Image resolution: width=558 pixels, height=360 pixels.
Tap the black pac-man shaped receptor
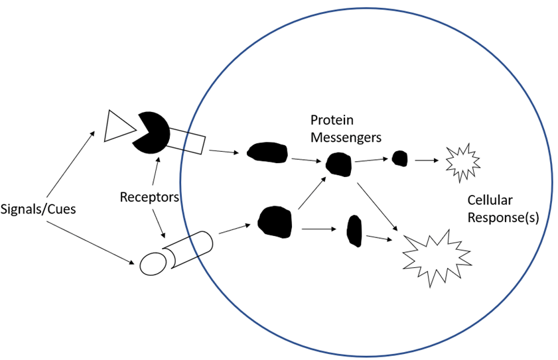[x=152, y=133]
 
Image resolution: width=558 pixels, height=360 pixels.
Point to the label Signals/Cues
[x=39, y=210]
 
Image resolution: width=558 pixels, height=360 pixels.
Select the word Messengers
[x=346, y=137]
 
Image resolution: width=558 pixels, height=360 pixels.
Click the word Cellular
[x=490, y=201]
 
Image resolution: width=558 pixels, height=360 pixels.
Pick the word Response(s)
[x=498, y=217]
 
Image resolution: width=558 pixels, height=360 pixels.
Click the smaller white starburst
[x=462, y=162]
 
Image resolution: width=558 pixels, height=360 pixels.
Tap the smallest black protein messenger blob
[x=399, y=158]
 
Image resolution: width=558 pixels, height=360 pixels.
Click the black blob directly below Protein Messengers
[x=338, y=164]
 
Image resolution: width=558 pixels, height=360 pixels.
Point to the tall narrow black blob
[x=354, y=230]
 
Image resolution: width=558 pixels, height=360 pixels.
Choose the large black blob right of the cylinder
[x=275, y=222]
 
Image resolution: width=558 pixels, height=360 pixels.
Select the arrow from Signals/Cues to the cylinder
[x=90, y=245]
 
